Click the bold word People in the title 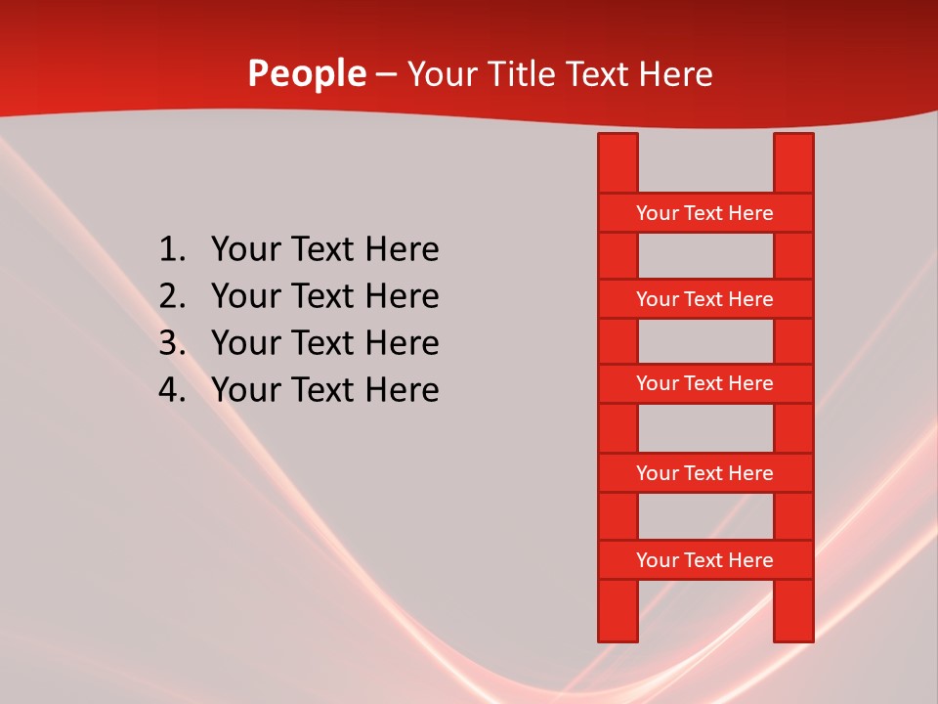click(306, 74)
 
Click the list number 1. click(171, 250)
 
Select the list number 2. click(171, 296)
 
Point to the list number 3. click(171, 343)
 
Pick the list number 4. click(171, 390)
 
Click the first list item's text click(324, 250)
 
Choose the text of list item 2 click(324, 296)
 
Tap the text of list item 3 click(324, 343)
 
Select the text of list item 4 click(324, 390)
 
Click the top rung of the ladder click(704, 213)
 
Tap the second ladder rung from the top click(704, 299)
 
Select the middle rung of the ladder click(704, 383)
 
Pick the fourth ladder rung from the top click(704, 473)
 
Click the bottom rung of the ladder click(704, 560)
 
